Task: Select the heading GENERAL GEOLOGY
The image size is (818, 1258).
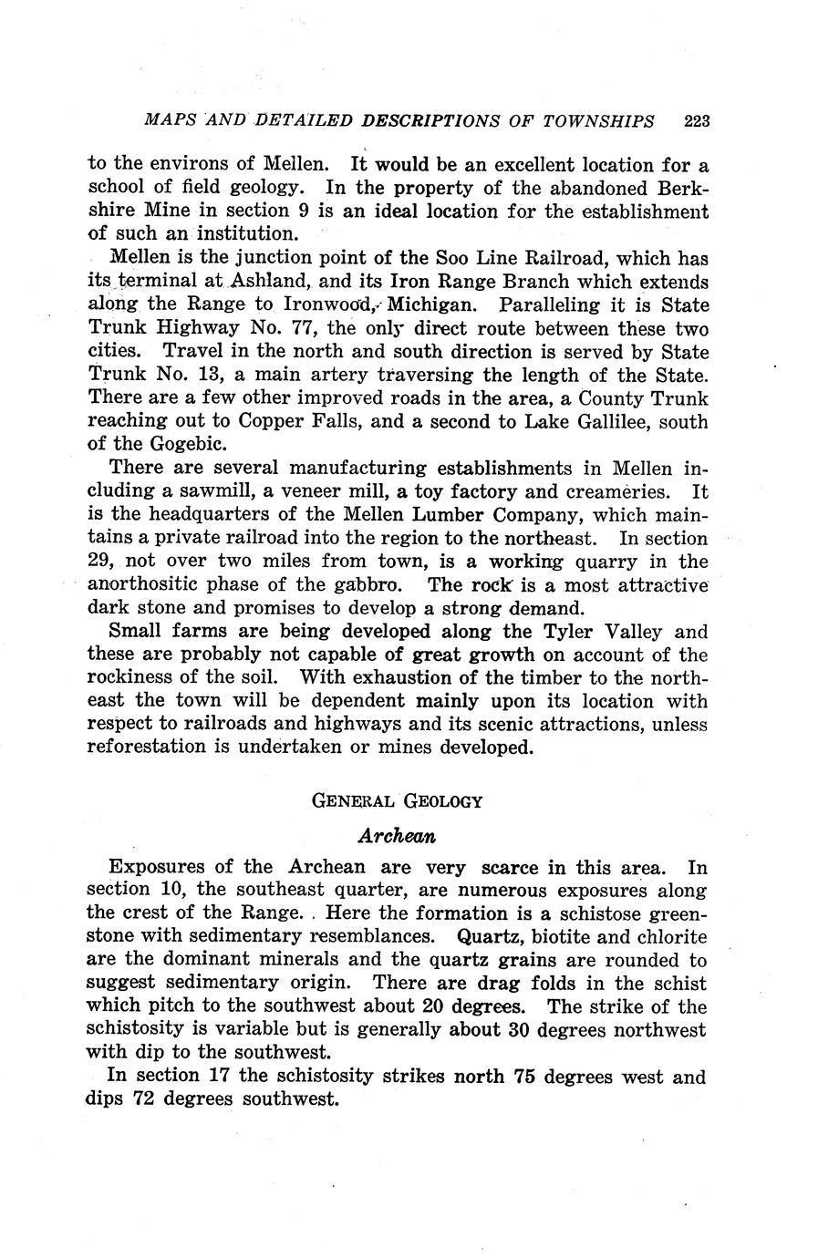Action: [x=397, y=801]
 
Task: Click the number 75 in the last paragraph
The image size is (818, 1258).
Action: [x=523, y=1077]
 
